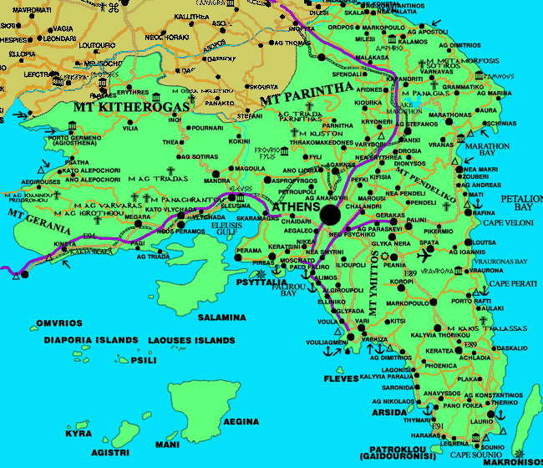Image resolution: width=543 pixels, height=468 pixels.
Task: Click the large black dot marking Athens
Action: point(330,215)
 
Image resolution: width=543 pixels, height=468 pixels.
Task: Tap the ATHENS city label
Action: point(296,206)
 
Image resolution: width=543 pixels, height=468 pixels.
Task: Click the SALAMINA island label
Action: point(221,318)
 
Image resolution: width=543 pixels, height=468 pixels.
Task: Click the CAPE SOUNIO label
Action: point(474,455)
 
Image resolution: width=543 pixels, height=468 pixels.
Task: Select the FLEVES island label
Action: point(340,379)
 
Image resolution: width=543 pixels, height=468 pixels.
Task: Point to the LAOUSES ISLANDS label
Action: point(191,341)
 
